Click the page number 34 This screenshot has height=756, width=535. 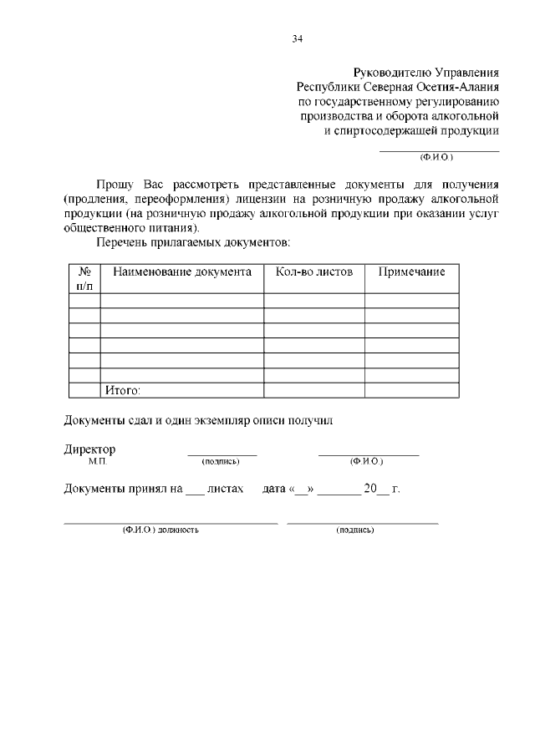tap(298, 38)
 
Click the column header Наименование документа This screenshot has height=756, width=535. tap(181, 272)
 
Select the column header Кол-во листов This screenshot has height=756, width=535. tap(313, 272)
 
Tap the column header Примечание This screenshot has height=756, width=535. tap(411, 272)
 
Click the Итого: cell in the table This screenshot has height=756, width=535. tap(122, 390)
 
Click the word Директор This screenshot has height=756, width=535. tap(90, 449)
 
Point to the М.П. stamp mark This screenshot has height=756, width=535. tap(98, 461)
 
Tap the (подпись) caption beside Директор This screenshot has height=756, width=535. tap(221, 461)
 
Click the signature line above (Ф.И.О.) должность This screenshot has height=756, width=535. tap(171, 523)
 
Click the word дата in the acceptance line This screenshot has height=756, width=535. tap(274, 489)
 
